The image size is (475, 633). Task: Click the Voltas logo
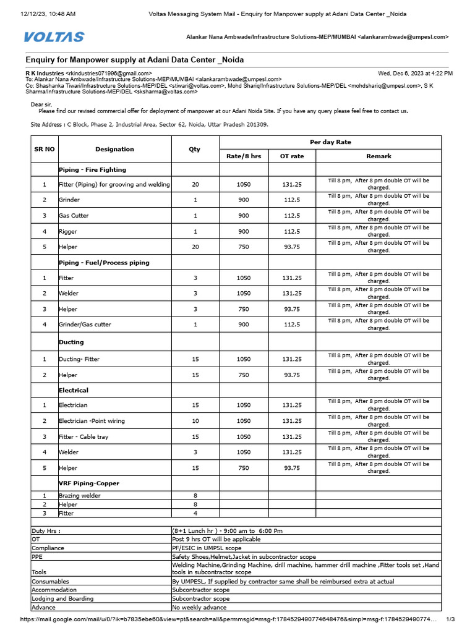click(x=54, y=37)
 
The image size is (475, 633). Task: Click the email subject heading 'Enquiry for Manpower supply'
click(x=134, y=59)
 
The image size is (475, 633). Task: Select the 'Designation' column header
click(x=114, y=149)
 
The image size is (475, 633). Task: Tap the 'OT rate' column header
click(x=292, y=156)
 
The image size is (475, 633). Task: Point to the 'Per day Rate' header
click(x=330, y=142)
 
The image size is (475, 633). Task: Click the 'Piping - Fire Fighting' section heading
click(x=92, y=169)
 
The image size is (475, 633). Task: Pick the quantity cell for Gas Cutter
click(x=195, y=216)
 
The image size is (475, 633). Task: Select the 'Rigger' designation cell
click(x=68, y=232)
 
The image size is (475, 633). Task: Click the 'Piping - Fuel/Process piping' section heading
click(x=104, y=263)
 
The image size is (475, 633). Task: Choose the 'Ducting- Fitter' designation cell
click(x=79, y=359)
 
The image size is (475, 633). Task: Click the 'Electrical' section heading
click(x=74, y=390)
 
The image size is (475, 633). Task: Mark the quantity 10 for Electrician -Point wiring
click(x=195, y=421)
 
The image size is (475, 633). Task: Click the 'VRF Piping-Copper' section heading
click(x=89, y=483)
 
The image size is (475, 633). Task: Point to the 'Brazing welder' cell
click(x=79, y=496)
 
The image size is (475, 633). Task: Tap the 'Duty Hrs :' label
click(x=46, y=530)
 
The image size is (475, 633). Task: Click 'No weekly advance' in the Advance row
click(x=199, y=608)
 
